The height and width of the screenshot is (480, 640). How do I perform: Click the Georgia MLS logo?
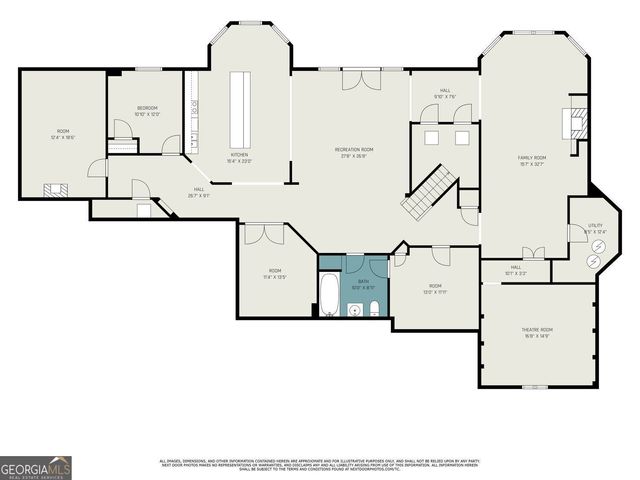coord(36,467)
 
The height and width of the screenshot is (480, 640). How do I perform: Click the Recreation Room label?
coord(354,152)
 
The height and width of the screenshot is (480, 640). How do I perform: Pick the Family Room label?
coord(531,160)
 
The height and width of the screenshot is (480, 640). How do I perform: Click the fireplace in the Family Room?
coord(575,122)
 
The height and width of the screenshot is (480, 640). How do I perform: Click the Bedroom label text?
coord(147,110)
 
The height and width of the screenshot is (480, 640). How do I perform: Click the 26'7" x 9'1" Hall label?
coord(200,193)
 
